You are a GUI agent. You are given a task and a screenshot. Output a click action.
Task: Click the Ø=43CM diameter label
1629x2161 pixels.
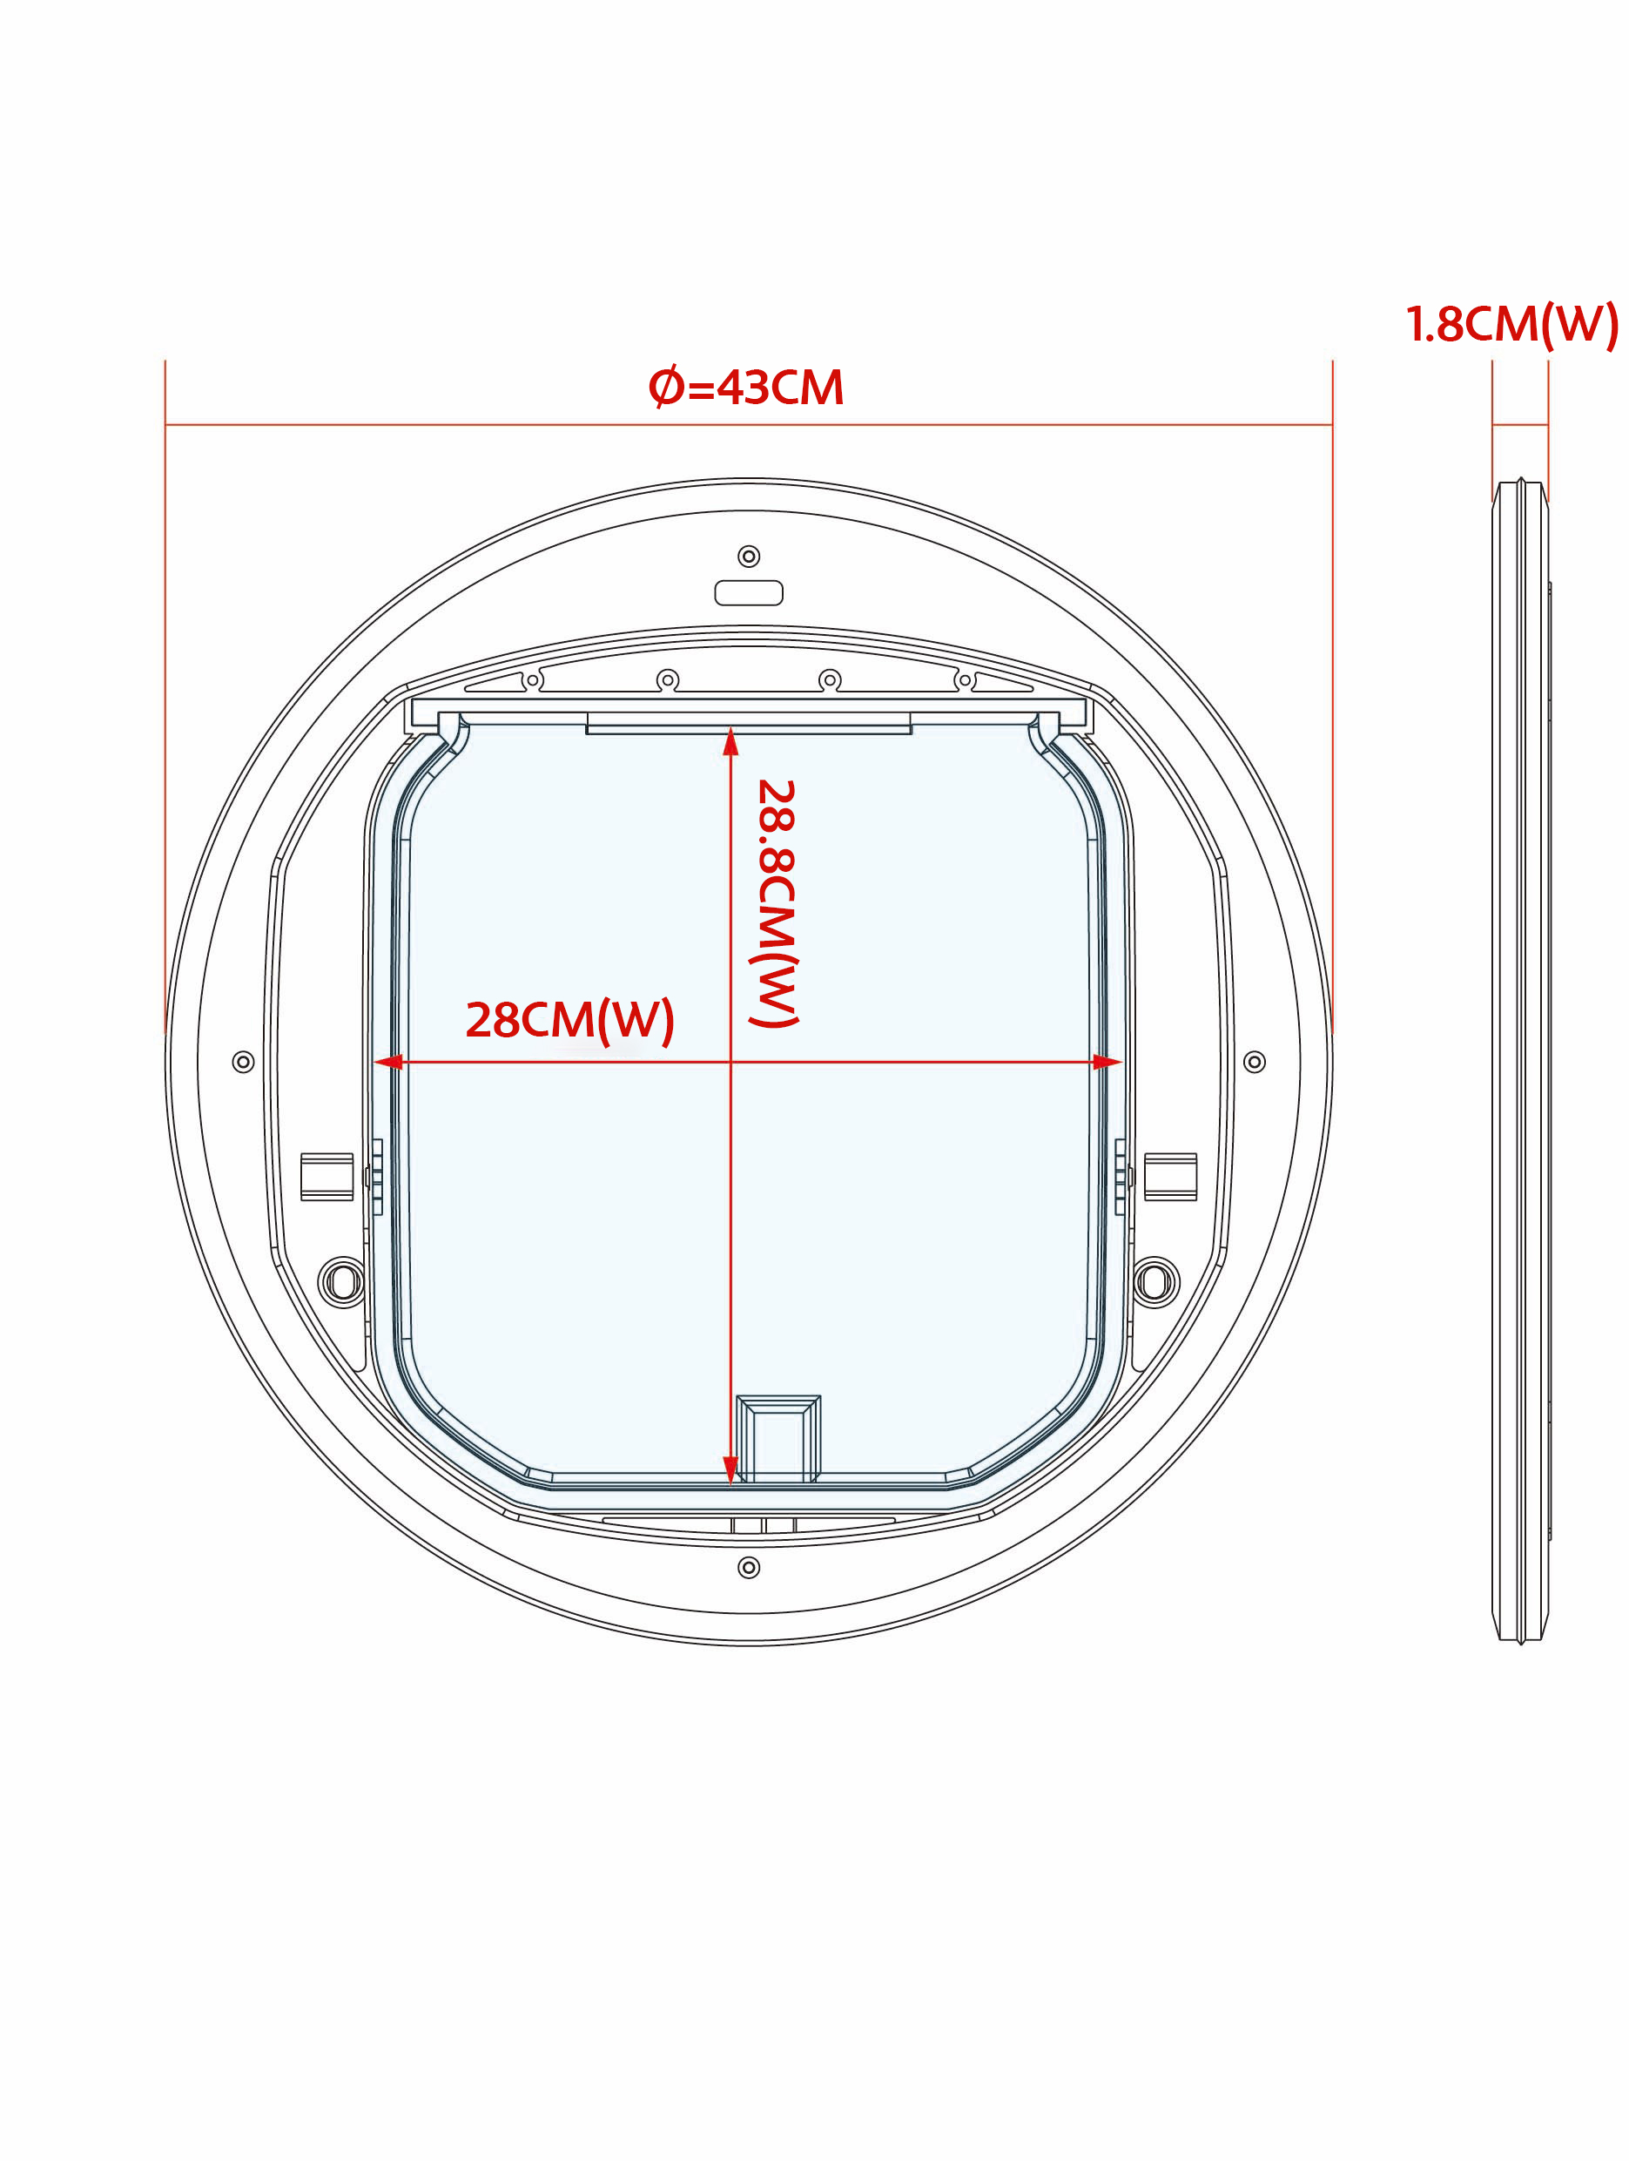tap(746, 388)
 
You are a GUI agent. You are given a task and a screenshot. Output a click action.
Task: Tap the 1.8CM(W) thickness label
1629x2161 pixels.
tap(1511, 324)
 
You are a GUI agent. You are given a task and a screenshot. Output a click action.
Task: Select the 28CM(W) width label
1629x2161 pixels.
tap(569, 1020)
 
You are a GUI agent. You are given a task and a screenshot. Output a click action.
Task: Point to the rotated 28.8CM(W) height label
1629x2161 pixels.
tap(777, 902)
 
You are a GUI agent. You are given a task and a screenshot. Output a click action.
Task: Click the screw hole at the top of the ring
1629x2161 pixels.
tap(748, 557)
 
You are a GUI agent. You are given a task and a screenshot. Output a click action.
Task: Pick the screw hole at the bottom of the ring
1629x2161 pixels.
tap(748, 1568)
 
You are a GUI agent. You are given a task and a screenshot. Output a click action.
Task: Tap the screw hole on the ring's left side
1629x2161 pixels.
tap(243, 1062)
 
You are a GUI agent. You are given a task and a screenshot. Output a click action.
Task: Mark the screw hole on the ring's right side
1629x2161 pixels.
tap(1254, 1062)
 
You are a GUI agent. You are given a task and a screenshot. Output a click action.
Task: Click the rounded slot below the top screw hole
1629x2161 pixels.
tap(748, 593)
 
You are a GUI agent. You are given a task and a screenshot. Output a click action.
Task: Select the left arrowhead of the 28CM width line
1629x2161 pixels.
tap(388, 1062)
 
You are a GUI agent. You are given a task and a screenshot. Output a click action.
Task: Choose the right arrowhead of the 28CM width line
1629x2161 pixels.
tap(1107, 1062)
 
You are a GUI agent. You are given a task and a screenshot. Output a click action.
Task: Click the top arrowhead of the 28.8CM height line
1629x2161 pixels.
tap(730, 742)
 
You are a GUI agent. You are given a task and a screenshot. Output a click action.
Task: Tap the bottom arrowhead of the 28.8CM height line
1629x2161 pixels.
tap(730, 1469)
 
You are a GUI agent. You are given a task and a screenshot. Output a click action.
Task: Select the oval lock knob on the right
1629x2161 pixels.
tap(1155, 1282)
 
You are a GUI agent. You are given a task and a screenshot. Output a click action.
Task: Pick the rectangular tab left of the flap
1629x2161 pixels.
tap(327, 1176)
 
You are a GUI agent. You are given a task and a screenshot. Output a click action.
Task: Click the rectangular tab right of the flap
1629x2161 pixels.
tap(1170, 1176)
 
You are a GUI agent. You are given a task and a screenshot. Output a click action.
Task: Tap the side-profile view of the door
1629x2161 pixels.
tap(1519, 1062)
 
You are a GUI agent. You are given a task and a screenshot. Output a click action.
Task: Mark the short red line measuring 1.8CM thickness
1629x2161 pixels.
tap(1519, 425)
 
